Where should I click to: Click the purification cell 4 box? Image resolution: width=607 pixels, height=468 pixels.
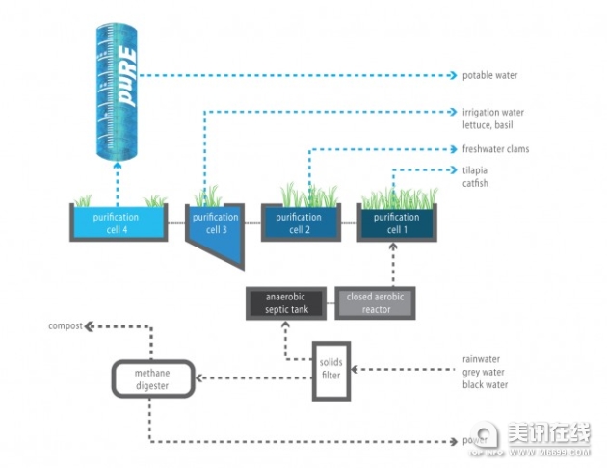pyautogui.click(x=116, y=222)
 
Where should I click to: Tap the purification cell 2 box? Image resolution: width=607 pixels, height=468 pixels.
pyautogui.click(x=298, y=222)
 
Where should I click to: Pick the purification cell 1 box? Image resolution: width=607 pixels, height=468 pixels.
pyautogui.click(x=396, y=222)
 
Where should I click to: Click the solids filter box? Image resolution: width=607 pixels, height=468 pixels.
pyautogui.click(x=330, y=369)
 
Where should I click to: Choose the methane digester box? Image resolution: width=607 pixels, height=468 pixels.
pyautogui.click(x=152, y=377)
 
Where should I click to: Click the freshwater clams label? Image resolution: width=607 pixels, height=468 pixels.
pyautogui.click(x=495, y=149)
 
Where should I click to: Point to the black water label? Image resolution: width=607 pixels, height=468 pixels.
pyautogui.click(x=485, y=385)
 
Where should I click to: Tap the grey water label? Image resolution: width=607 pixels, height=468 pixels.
pyautogui.click(x=484, y=373)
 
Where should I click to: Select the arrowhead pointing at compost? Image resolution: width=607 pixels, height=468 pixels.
pyautogui.click(x=89, y=326)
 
